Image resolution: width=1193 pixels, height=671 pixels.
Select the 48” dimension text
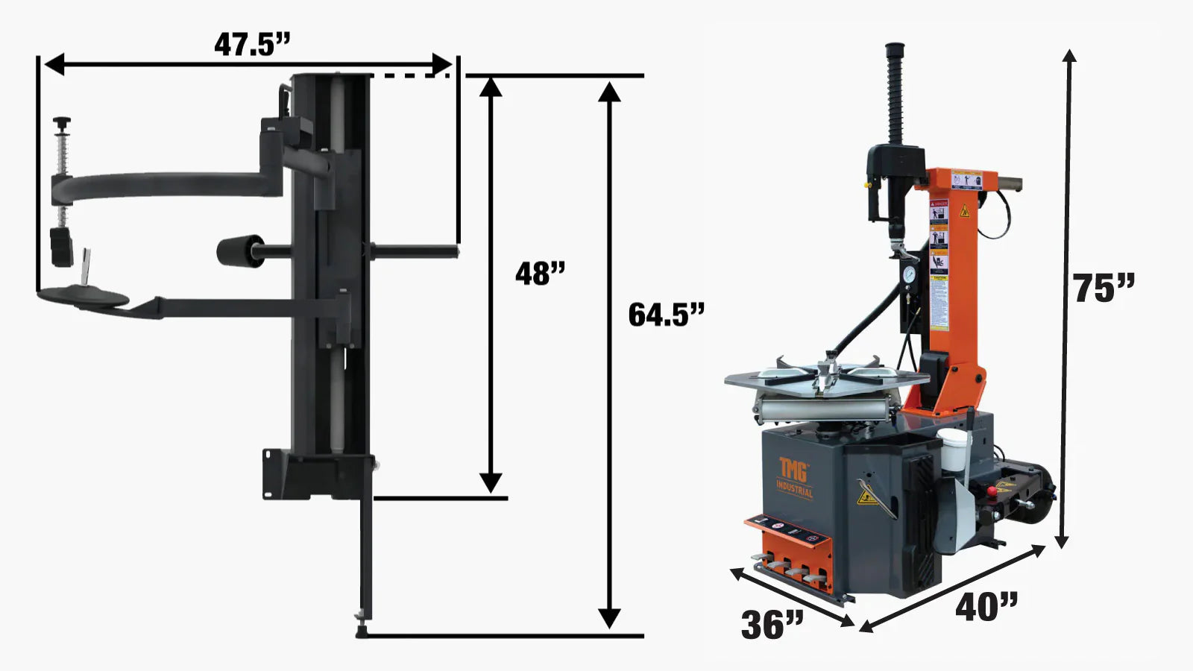pos(540,274)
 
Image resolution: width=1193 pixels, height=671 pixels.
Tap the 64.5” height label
pos(665,314)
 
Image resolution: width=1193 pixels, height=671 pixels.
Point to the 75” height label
pos(1103,288)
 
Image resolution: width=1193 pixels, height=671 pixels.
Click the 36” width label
pos(772,625)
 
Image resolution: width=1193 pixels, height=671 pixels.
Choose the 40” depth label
pos(986,607)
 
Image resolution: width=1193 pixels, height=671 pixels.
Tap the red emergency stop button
pos(992,491)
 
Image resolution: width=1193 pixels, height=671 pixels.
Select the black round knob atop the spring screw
pos(61,122)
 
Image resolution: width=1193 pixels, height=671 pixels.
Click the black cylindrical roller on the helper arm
pos(239,251)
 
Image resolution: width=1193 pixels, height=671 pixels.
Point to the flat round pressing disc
pos(84,297)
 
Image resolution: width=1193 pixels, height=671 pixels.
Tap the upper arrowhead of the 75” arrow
pos(1069,57)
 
